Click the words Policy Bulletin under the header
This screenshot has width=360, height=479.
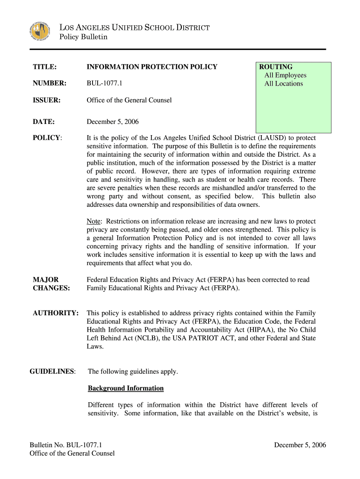[x=83, y=37]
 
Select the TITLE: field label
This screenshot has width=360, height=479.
[x=45, y=67]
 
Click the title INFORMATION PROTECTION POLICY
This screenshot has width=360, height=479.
[x=152, y=67]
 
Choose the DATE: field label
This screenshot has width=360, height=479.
[x=44, y=122]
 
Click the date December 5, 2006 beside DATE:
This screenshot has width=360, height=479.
[x=113, y=122]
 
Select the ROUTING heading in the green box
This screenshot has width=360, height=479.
[x=276, y=67]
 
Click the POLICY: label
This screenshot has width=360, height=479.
[x=47, y=138]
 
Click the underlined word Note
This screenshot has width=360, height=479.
[x=95, y=221]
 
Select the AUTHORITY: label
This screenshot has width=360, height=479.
[x=56, y=313]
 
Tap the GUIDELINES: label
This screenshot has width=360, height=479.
[x=52, y=371]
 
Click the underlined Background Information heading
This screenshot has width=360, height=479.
[x=126, y=388]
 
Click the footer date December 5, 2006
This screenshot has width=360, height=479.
[x=300, y=445]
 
